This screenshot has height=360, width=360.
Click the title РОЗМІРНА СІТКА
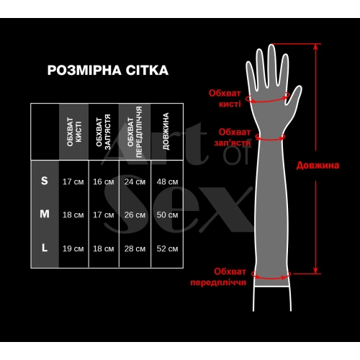[107, 70]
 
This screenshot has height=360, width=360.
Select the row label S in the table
[45, 181]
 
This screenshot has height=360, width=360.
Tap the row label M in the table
[45, 214]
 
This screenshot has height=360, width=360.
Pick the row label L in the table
[45, 248]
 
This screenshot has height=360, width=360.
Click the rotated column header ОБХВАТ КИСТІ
[73, 132]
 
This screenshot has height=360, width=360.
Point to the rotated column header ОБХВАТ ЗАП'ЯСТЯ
[103, 132]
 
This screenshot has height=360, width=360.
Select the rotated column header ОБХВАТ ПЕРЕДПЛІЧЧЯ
[135, 132]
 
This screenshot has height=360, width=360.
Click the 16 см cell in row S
[103, 181]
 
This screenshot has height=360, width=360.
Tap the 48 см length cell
[166, 181]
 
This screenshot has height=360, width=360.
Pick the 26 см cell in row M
[135, 215]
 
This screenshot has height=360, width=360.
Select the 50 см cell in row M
[166, 215]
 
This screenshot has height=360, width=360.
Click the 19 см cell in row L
[73, 248]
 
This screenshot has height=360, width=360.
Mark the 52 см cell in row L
[166, 248]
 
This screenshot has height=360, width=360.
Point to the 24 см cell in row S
[135, 181]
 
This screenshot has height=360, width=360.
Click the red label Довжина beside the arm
[318, 165]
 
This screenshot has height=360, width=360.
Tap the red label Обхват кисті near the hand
[225, 97]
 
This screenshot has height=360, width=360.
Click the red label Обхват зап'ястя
[233, 137]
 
